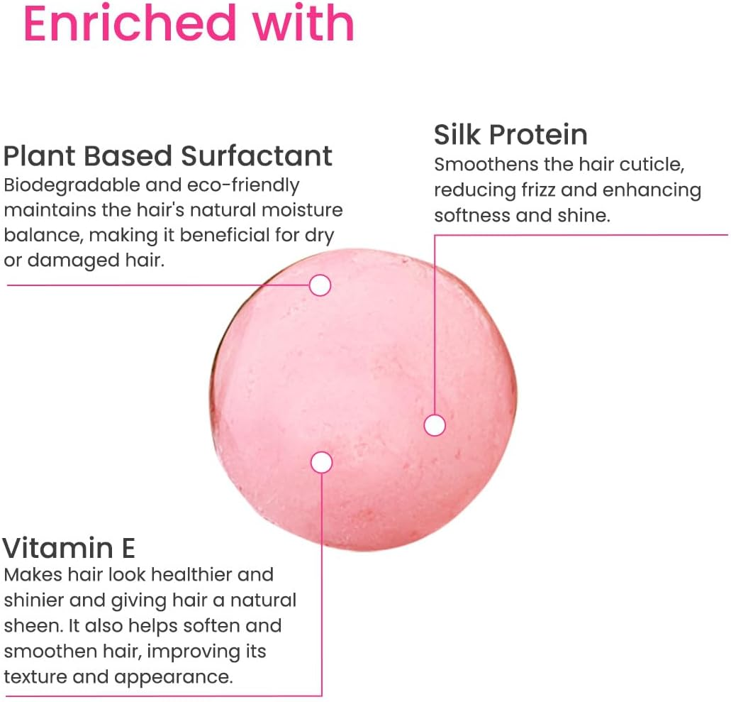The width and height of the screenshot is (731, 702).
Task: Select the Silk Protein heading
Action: [510, 136]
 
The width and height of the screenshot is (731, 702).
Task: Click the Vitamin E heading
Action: [69, 548]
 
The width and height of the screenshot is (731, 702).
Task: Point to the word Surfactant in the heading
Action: [257, 156]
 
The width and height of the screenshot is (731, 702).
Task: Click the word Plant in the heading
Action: [39, 156]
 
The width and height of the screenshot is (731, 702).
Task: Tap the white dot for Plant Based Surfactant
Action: [320, 285]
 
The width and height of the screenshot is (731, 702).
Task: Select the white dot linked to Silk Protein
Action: [435, 425]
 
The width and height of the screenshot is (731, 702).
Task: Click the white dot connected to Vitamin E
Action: [321, 463]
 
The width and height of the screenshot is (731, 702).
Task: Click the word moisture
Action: [302, 211]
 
